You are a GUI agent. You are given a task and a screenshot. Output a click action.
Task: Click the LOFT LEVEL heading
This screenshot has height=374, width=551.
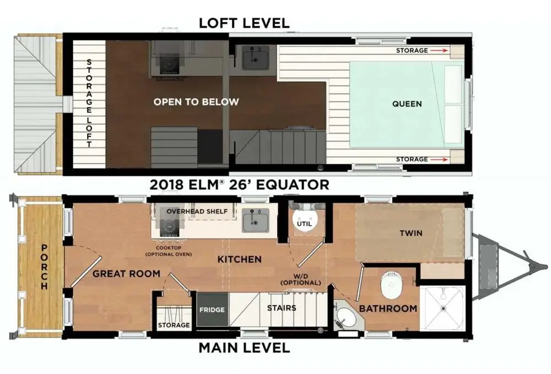point(244,23)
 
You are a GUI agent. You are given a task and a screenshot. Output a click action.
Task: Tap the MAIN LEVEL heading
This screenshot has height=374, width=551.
point(244,348)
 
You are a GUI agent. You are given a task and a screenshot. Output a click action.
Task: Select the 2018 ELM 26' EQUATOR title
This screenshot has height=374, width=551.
point(240,185)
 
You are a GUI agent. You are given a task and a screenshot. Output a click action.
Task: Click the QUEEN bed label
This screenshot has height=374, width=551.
point(407,104)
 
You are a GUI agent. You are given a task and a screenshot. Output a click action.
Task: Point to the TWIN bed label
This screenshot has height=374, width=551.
point(411,233)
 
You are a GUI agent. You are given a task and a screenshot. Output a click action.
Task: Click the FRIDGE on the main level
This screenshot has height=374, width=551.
point(212,310)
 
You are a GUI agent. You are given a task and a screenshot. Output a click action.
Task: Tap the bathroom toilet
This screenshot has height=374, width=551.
point(391,284)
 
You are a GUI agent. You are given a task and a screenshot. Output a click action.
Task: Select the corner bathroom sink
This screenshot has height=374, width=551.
point(347,315)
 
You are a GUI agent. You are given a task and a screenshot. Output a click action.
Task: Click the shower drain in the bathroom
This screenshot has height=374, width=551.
point(444,308)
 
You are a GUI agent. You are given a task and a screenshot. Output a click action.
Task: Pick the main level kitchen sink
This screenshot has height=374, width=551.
point(256,220)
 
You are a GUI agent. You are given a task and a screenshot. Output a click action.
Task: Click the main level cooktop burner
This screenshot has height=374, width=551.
point(169,227)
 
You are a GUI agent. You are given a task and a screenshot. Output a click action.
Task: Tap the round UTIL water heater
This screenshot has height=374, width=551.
point(304,220)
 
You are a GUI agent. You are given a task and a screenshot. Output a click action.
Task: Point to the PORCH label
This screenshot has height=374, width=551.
point(44,267)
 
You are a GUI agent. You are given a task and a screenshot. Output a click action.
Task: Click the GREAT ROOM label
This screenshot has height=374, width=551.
point(127,274)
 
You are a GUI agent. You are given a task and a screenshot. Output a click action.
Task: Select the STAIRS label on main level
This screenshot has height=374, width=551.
point(282,308)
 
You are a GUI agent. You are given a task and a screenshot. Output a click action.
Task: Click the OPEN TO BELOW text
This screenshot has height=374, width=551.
point(196,102)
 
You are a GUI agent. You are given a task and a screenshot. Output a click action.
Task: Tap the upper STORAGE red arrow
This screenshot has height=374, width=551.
point(440,51)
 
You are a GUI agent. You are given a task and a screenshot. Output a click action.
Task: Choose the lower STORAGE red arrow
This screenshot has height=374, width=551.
point(440,159)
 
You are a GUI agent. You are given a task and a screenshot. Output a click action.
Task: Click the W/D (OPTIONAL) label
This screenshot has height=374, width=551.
point(301,279)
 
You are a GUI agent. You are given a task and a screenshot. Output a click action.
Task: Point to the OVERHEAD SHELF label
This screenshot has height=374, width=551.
point(197,212)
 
